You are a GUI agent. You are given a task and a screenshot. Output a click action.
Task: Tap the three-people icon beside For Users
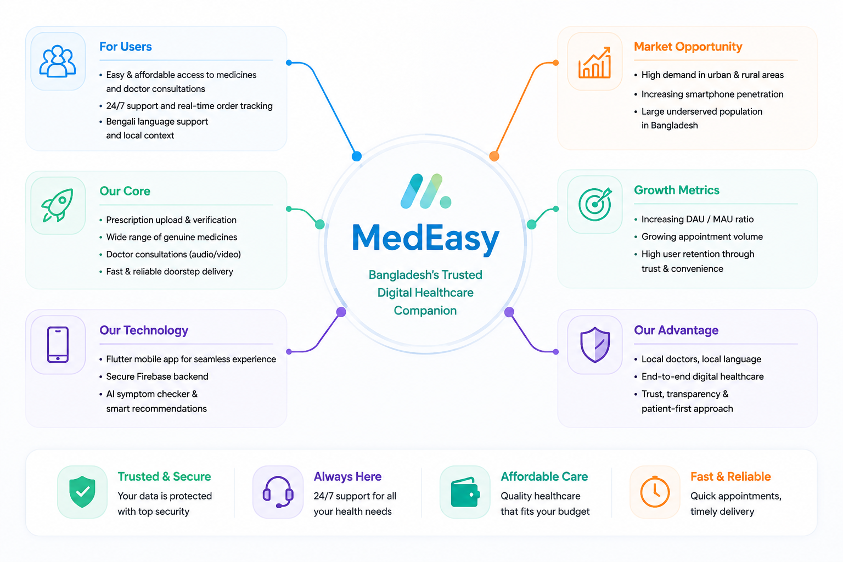pyautogui.click(x=58, y=61)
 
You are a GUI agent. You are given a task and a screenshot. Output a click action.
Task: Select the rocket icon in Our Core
pyautogui.click(x=58, y=205)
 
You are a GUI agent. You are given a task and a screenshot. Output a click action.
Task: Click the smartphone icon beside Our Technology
pyautogui.click(x=58, y=345)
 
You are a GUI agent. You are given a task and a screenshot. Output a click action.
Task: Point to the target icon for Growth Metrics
pyautogui.click(x=595, y=204)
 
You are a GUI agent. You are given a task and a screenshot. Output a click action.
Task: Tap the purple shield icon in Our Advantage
pyautogui.click(x=595, y=345)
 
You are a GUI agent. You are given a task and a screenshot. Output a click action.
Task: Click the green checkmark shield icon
pyautogui.click(x=82, y=492)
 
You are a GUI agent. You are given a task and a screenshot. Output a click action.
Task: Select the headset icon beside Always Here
pyautogui.click(x=278, y=492)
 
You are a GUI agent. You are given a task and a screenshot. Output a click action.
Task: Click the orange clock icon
pyautogui.click(x=655, y=492)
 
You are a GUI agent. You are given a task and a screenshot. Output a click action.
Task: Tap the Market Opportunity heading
pyautogui.click(x=688, y=47)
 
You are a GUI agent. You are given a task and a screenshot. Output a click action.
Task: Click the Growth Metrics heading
pyautogui.click(x=677, y=190)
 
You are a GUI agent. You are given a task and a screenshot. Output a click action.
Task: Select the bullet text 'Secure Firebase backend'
pyautogui.click(x=157, y=376)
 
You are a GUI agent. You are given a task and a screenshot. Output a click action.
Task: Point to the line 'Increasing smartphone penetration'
pyautogui.click(x=712, y=94)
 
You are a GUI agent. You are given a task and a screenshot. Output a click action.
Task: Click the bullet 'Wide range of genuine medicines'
pyautogui.click(x=172, y=237)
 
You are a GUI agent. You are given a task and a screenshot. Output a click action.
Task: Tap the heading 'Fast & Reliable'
pyautogui.click(x=730, y=476)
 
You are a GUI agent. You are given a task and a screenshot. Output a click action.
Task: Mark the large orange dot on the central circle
pyautogui.click(x=494, y=156)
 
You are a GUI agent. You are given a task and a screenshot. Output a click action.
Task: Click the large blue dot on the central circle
pyautogui.click(x=357, y=156)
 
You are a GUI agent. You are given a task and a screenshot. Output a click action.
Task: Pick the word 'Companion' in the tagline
pyautogui.click(x=425, y=311)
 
